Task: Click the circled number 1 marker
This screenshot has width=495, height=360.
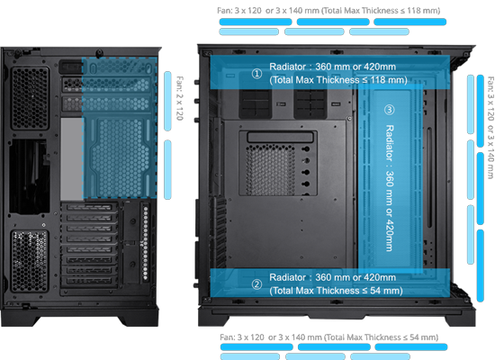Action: click(x=256, y=74)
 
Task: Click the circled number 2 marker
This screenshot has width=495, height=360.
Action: click(x=256, y=284)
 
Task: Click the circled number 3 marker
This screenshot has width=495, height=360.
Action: click(x=389, y=110)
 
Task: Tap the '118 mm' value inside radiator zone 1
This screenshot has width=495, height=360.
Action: click(x=387, y=80)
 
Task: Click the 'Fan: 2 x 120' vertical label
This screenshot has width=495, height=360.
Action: click(x=180, y=98)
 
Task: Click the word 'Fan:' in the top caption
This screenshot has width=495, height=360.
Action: click(x=224, y=11)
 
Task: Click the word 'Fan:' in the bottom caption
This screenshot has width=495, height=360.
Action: click(x=228, y=337)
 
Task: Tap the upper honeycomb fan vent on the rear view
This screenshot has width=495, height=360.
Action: click(x=31, y=98)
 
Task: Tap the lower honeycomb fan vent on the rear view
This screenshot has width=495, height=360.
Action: click(x=30, y=260)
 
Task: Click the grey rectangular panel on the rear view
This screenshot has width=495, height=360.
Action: click(x=72, y=158)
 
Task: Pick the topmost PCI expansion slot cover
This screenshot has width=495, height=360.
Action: click(x=89, y=208)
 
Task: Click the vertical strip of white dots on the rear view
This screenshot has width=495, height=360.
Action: click(x=146, y=242)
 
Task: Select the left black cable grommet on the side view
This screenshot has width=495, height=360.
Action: click(x=256, y=103)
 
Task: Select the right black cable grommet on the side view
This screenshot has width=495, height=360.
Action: click(x=310, y=103)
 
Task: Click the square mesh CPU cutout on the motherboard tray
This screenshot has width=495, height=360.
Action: click(x=270, y=169)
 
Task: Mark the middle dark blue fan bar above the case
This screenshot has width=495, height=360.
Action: click(x=333, y=22)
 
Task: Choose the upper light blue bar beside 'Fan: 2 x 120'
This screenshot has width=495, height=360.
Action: click(x=167, y=101)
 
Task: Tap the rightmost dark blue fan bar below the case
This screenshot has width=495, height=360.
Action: click(x=411, y=347)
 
